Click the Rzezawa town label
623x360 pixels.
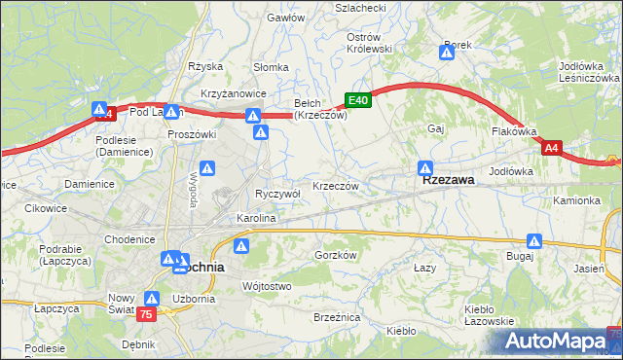click(x=448, y=180)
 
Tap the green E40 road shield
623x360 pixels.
click(x=357, y=100)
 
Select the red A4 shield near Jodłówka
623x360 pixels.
click(x=552, y=148)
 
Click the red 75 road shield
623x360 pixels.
click(x=146, y=314)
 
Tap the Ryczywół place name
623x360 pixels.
click(x=277, y=194)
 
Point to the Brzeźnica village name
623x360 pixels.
click(x=337, y=318)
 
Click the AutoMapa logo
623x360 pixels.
click(x=555, y=341)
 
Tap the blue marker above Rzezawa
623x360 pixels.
click(x=425, y=167)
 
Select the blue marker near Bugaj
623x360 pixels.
click(x=534, y=240)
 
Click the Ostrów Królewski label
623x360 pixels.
click(x=369, y=42)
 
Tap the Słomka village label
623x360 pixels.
click(x=271, y=67)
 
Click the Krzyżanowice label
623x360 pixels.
click(x=234, y=92)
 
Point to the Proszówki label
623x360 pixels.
click(x=189, y=134)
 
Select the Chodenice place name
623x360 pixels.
click(x=130, y=239)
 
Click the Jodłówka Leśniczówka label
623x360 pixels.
click(x=584, y=72)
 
